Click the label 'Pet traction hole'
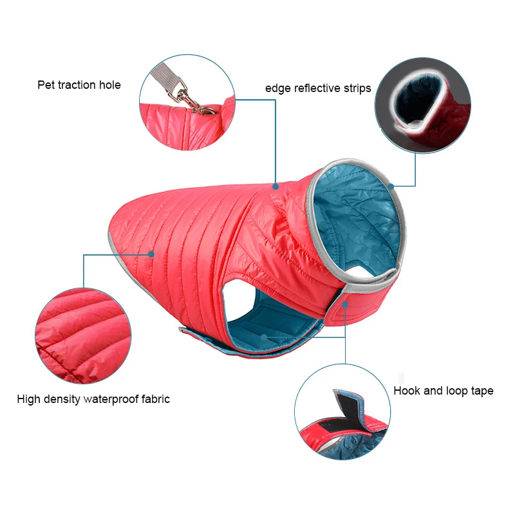point(79,85)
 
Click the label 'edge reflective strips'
point(318,88)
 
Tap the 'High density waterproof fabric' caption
point(93,399)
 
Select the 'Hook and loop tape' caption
point(444,391)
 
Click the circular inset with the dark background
point(422,107)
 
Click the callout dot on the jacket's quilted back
point(153,254)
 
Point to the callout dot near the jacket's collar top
point(275,187)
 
